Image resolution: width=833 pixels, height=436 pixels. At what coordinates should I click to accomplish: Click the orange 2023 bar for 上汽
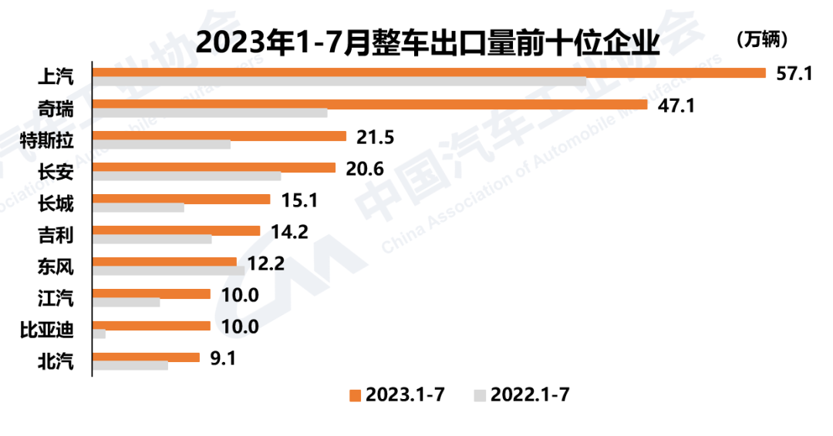[429, 72]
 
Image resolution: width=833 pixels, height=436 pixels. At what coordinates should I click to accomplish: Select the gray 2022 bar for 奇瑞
[210, 113]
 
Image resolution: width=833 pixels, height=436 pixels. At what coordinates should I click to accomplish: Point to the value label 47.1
[676, 106]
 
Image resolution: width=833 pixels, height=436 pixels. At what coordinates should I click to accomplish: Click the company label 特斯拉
[47, 139]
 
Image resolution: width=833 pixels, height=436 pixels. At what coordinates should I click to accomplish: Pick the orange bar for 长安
[214, 167]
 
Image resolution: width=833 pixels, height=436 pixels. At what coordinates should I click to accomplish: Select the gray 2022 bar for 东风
[168, 271]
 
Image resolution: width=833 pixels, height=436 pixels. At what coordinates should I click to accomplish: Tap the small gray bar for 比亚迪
[99, 334]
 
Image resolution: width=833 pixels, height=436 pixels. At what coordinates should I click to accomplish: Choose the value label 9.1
[223, 357]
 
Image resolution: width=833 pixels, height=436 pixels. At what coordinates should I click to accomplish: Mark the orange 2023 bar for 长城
[181, 199]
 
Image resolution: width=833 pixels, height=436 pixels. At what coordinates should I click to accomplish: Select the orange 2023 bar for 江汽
[151, 293]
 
